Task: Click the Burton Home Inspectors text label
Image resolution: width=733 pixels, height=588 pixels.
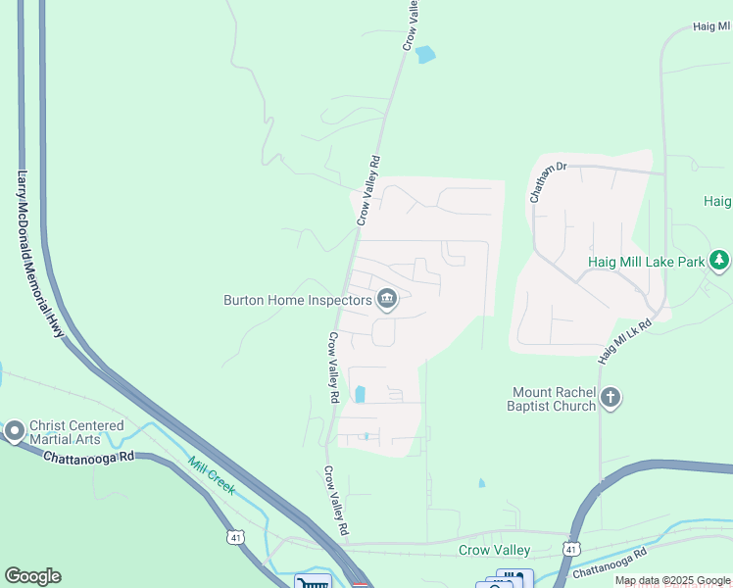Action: [x=298, y=300]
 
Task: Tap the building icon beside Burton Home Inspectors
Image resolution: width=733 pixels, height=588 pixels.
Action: [x=387, y=300]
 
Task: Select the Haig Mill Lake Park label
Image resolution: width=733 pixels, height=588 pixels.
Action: [x=646, y=262]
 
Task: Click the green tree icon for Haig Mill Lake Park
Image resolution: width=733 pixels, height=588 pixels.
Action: [x=720, y=261]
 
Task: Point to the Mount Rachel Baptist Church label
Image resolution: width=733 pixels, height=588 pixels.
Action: [x=552, y=399]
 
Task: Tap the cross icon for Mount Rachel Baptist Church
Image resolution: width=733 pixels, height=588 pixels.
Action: [x=611, y=398]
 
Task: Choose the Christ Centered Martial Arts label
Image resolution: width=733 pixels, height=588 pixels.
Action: [x=76, y=432]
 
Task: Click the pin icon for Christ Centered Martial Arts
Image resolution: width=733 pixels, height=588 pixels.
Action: [x=14, y=431]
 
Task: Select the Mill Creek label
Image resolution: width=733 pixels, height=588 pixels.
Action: [x=211, y=475]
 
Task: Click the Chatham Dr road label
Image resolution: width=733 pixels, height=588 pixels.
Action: [x=549, y=181]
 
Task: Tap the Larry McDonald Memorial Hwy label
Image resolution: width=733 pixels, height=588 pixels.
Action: [x=39, y=254]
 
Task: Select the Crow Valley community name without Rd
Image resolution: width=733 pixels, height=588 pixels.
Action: [x=494, y=550]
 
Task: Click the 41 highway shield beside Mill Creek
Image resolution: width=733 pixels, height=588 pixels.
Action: [x=235, y=536]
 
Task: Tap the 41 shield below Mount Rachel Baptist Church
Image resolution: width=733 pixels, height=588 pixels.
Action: [x=571, y=546]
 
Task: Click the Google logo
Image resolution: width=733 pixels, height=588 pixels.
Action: [x=32, y=576]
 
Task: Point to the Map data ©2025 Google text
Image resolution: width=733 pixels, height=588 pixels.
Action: [x=672, y=580]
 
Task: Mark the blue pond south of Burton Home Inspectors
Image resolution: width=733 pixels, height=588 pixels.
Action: [x=360, y=394]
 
